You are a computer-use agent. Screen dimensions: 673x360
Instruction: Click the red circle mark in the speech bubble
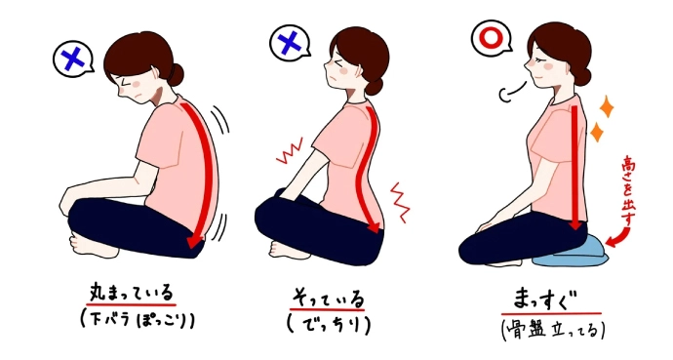(492, 38)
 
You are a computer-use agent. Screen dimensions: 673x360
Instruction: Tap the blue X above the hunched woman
(71, 59)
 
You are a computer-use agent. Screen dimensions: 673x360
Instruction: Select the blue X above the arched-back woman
(290, 42)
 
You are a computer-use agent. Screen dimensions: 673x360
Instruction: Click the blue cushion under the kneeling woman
(570, 252)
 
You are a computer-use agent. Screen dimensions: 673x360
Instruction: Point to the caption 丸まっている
(131, 294)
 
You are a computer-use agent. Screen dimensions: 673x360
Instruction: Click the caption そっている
(328, 298)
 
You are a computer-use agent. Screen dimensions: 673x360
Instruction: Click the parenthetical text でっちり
(329, 326)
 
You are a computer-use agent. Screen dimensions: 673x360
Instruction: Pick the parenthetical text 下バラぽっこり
(137, 319)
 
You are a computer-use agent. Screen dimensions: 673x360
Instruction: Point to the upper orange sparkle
(606, 106)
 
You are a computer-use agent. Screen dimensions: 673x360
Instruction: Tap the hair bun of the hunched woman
(175, 75)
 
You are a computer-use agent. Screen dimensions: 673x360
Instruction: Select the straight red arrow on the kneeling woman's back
(575, 168)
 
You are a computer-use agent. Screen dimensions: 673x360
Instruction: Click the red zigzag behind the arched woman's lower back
(400, 202)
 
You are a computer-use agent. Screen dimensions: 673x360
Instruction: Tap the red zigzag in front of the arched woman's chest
(290, 150)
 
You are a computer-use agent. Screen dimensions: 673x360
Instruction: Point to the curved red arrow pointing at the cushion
(618, 238)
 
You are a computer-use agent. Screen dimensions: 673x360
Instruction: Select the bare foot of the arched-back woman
(285, 250)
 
